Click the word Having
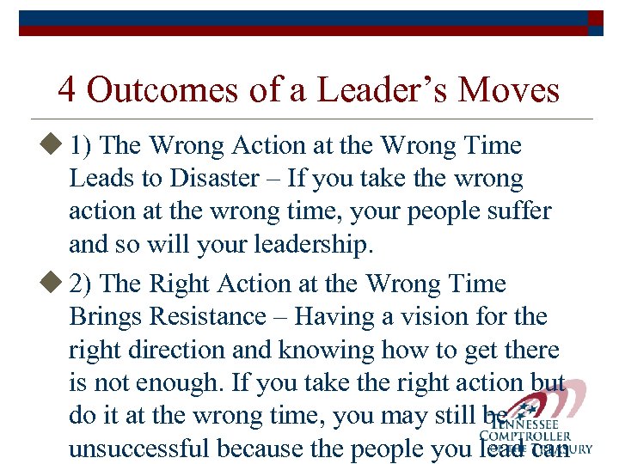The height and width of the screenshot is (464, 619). (335, 317)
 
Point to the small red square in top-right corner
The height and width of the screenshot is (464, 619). (595, 17)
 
